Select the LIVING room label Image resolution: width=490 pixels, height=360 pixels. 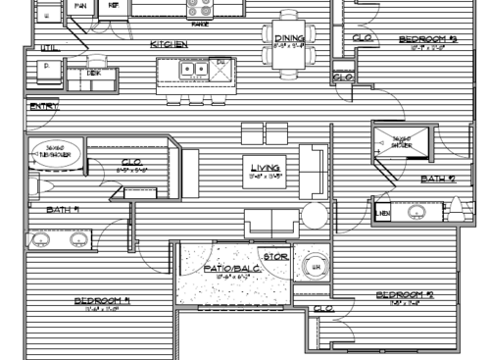pyautogui.click(x=265, y=168)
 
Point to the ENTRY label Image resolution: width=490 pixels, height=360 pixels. pyautogui.click(x=42, y=106)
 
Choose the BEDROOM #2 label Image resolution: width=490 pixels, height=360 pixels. pyautogui.click(x=405, y=294)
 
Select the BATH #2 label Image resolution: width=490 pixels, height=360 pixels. pyautogui.click(x=438, y=179)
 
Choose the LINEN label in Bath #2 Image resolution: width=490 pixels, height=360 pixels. pyautogui.click(x=382, y=212)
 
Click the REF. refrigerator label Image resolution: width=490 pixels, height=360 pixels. pyautogui.click(x=113, y=6)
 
